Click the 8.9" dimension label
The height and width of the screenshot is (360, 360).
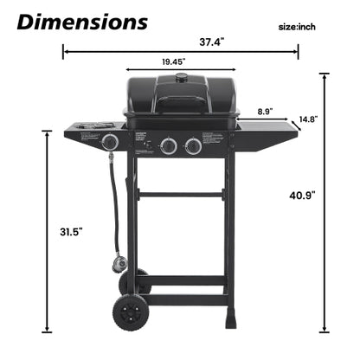click(265, 111)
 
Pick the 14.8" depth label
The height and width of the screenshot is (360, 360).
click(309, 119)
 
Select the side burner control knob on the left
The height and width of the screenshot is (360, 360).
click(110, 142)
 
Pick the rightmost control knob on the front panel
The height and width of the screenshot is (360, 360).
click(194, 147)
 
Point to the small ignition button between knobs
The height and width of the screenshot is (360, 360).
click(147, 145)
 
